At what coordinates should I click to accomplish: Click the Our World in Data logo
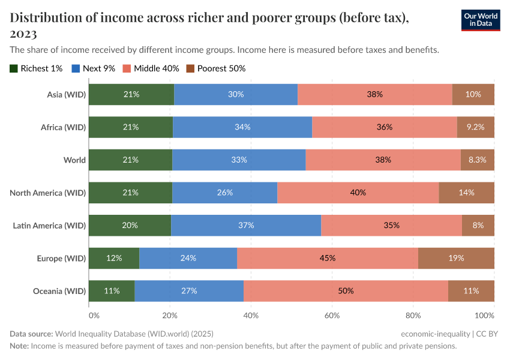pos(480,20)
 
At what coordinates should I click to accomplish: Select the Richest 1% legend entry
pos(37,68)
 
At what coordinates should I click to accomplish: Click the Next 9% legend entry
pos(94,68)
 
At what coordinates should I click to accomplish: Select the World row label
pos(75,160)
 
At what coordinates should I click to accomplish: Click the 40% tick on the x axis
pos(251,315)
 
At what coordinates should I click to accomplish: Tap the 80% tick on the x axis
pos(413,315)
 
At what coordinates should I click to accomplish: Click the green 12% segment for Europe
pos(114,258)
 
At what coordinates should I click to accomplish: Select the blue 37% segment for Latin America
pos(246,226)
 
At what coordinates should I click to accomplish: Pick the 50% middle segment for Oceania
pos(346,291)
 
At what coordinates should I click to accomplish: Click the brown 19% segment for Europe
pos(456,258)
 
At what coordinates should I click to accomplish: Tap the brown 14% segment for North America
pos(466,193)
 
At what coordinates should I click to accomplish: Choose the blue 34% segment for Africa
pos(242,127)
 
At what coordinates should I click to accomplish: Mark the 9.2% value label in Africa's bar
pos(475,127)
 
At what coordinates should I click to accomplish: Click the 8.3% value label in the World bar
pos(477,160)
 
